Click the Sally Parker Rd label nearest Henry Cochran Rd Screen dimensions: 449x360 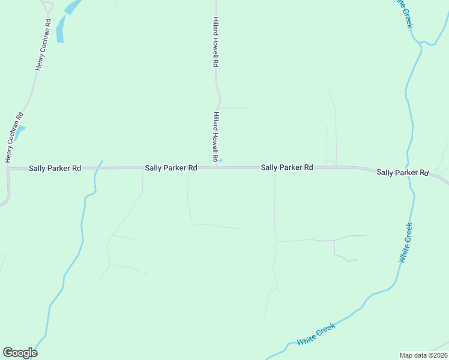(x=55, y=169)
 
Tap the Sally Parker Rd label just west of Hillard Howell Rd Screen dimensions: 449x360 (x=171, y=169)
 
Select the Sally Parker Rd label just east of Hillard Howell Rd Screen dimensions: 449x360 (x=287, y=168)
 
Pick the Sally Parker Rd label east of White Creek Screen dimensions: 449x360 (x=402, y=173)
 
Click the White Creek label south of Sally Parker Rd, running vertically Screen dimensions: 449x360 (x=406, y=242)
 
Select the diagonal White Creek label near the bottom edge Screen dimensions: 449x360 (x=316, y=334)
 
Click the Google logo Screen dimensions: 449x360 (x=20, y=353)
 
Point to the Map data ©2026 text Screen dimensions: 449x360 (x=423, y=355)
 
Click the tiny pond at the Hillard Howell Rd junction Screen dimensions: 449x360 (x=221, y=160)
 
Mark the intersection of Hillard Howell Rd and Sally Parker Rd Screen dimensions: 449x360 (x=215, y=168)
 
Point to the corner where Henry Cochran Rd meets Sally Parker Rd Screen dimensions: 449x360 (x=8, y=169)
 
